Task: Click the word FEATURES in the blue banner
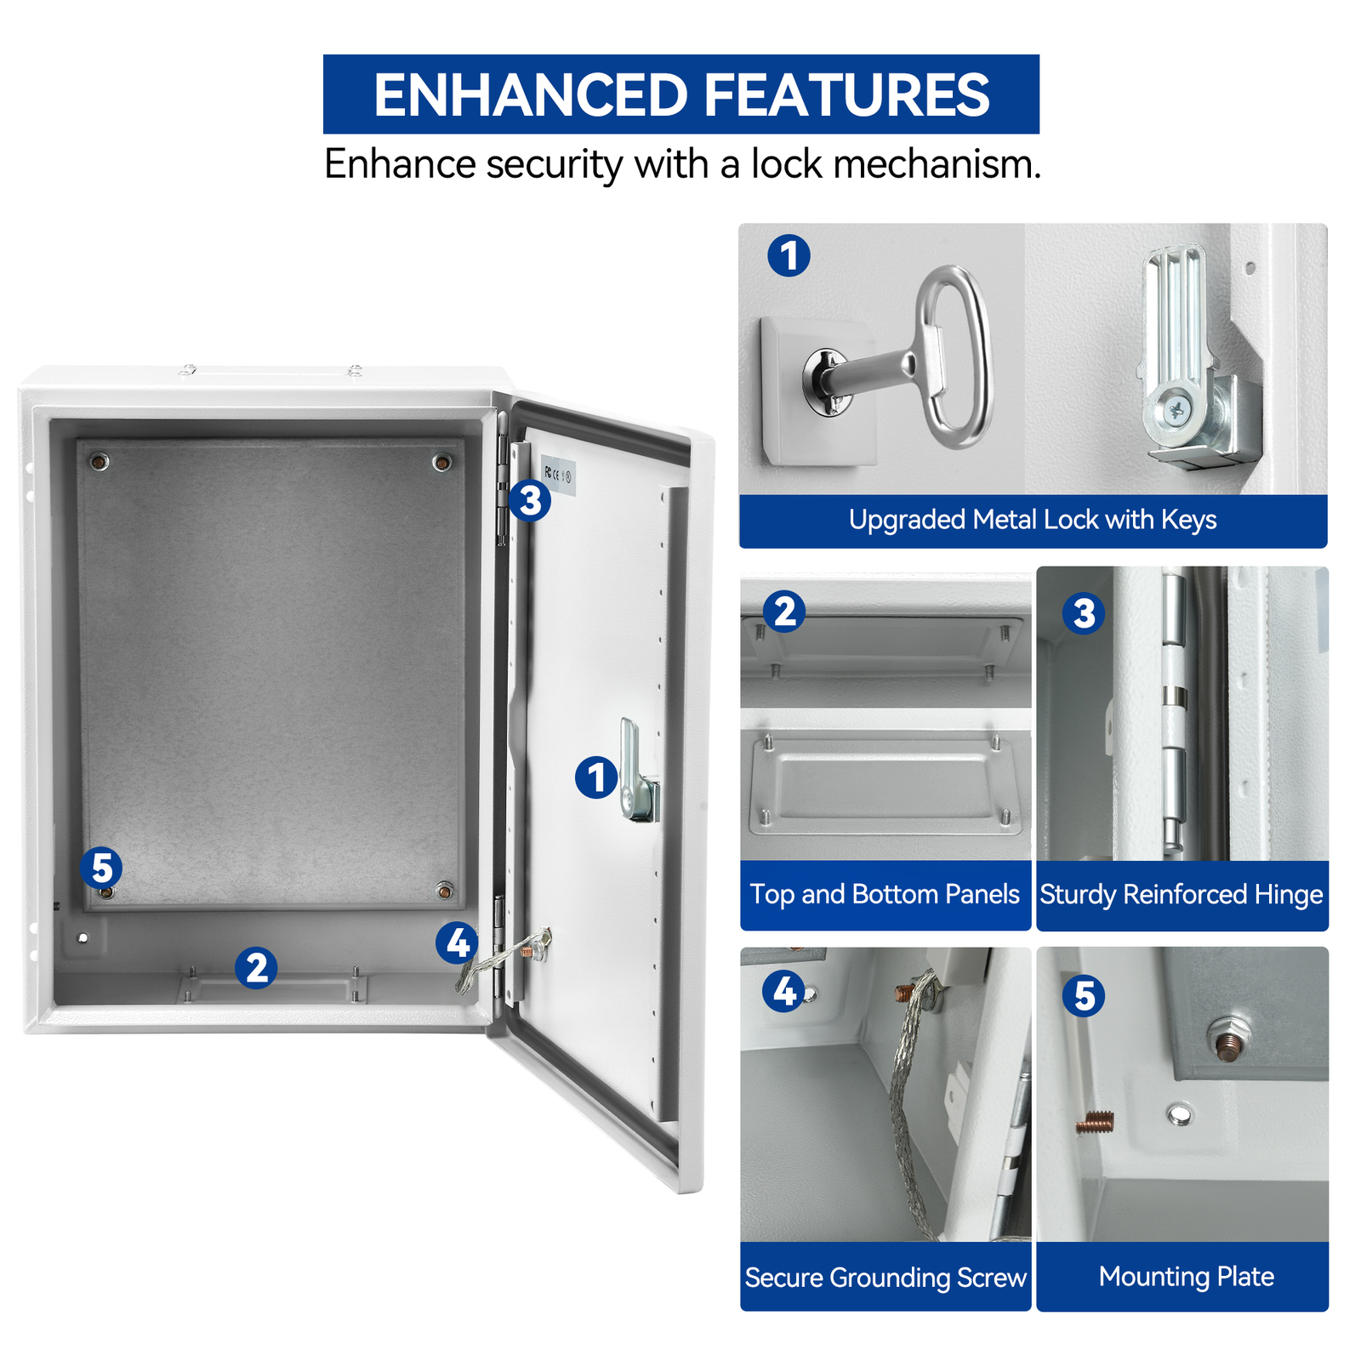[x=846, y=94]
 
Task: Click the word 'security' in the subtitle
[x=554, y=164]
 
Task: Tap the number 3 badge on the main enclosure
[x=530, y=500]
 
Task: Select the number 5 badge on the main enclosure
[x=101, y=868]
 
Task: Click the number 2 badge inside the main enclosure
[x=256, y=967]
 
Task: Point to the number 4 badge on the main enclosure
[x=458, y=943]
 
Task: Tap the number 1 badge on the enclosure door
[x=595, y=777]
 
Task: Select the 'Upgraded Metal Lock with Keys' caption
[x=1032, y=520]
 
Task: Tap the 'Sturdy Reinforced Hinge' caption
[x=1182, y=895]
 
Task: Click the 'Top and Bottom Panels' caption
[x=885, y=895]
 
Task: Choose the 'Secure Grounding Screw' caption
[x=885, y=1278]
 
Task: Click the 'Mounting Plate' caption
[x=1186, y=1277]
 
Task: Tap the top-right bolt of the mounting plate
[x=441, y=462]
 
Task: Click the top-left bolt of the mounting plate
[x=100, y=462]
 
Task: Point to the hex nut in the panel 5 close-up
[x=1225, y=1044]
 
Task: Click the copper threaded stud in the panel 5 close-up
[x=1095, y=1124]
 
